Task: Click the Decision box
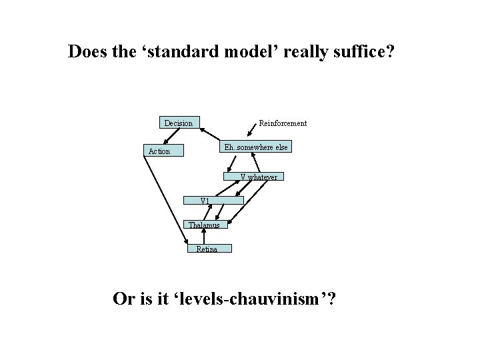tap(179, 123)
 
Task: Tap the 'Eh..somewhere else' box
tap(256, 147)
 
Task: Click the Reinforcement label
tap(283, 123)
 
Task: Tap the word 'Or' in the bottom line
tap(123, 298)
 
